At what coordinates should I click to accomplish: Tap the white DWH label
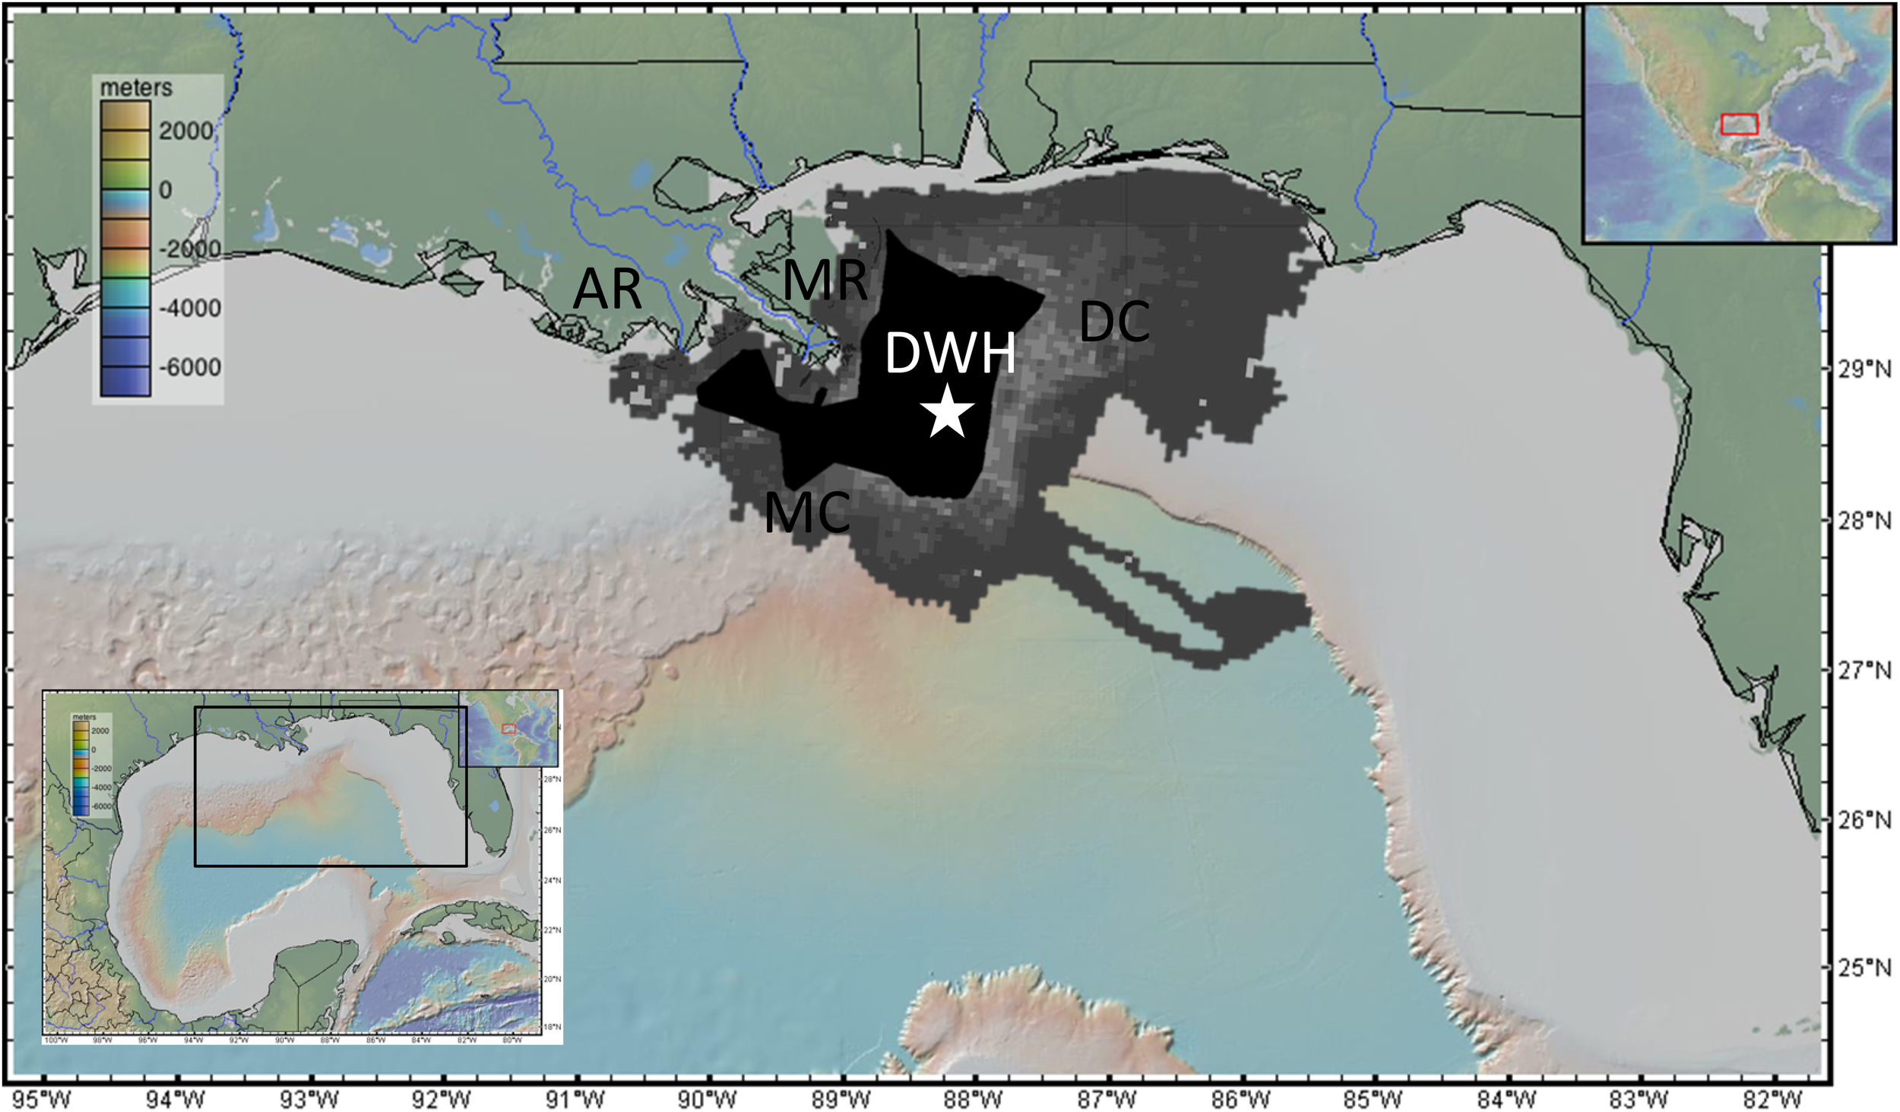(x=950, y=353)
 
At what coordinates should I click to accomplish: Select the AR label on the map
(x=606, y=290)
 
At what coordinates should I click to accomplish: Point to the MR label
(x=825, y=280)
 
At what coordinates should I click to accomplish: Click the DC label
(x=1113, y=322)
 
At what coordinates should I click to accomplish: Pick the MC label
(x=806, y=513)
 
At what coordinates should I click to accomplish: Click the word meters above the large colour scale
(x=136, y=88)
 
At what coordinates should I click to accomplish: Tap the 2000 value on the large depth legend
(x=185, y=131)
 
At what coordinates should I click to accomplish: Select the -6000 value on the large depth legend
(x=189, y=367)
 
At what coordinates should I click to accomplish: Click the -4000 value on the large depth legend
(x=189, y=308)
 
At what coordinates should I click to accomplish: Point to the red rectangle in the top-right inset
(x=1739, y=124)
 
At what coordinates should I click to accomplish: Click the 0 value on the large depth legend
(x=165, y=190)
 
